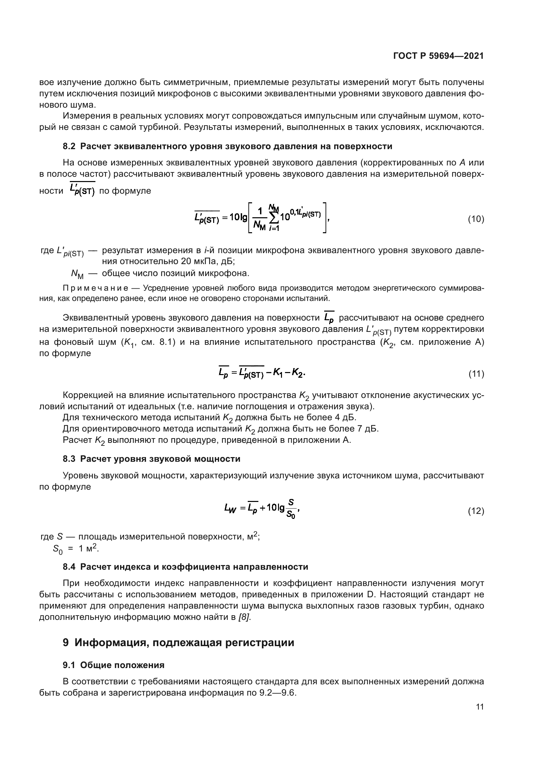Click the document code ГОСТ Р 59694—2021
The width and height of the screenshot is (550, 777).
(438, 56)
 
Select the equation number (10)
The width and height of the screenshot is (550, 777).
(476, 219)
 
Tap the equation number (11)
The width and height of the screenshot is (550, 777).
(476, 374)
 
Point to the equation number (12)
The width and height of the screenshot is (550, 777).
(476, 511)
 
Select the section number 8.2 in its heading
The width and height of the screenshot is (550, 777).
(69, 146)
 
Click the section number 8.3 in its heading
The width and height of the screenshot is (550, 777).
(69, 459)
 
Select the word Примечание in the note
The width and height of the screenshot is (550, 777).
(95, 288)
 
